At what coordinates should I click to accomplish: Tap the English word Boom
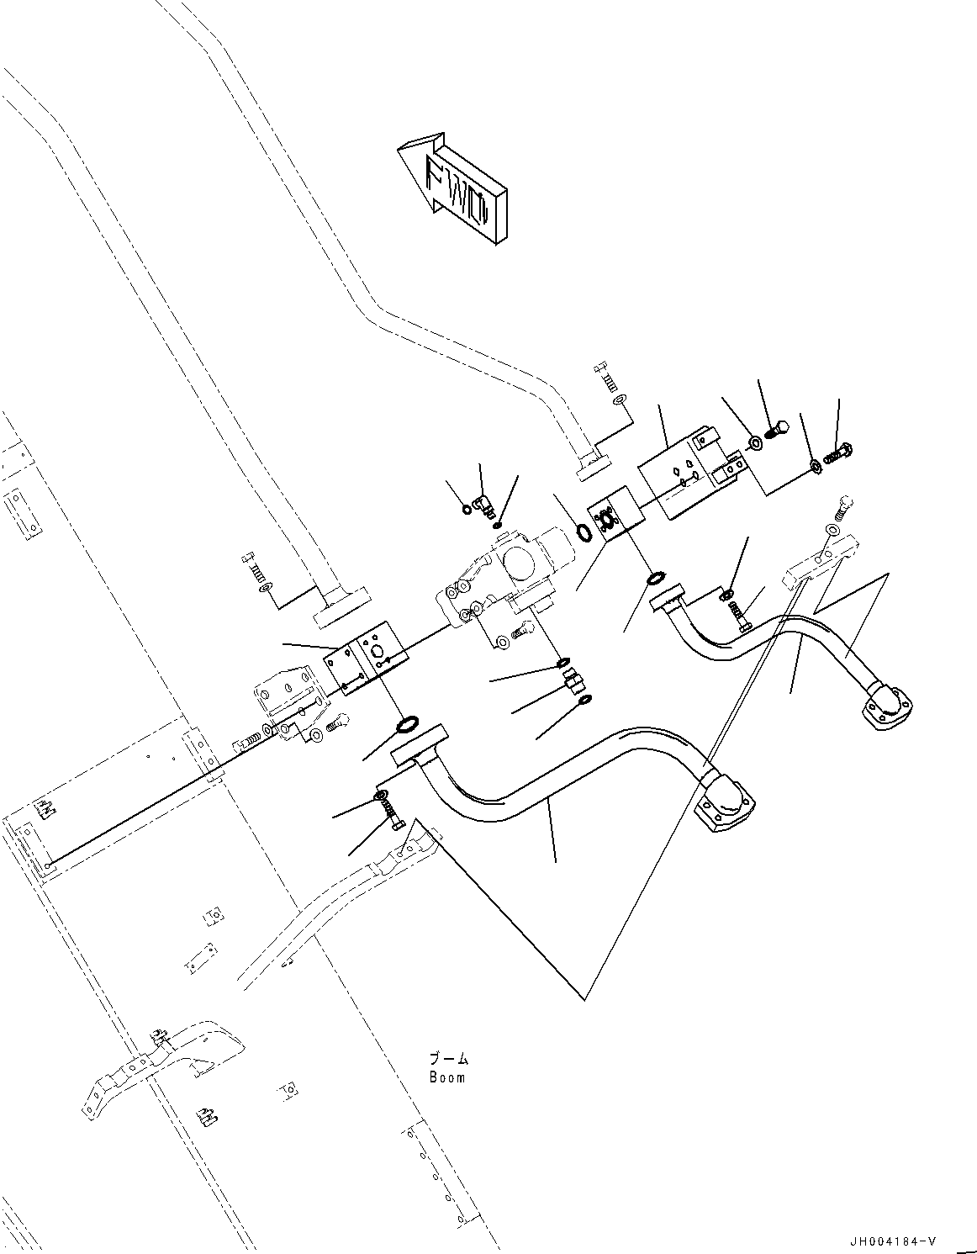point(446,1077)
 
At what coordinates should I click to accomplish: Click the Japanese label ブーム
point(448,1060)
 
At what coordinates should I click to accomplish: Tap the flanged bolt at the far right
point(839,454)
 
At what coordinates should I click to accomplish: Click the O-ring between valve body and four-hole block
point(583,532)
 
